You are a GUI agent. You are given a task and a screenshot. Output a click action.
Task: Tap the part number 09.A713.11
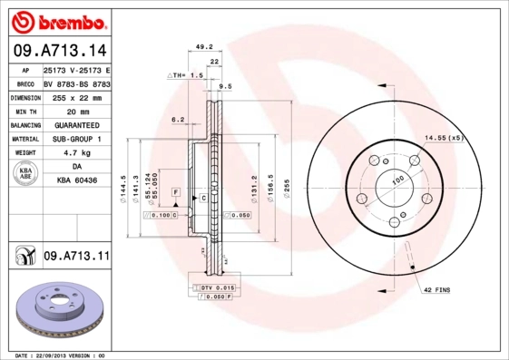tap(76, 257)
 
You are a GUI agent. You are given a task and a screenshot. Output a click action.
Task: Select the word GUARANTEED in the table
tap(76, 124)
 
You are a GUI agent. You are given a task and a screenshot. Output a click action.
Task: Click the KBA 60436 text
tap(76, 181)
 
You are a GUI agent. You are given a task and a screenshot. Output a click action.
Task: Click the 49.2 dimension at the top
tap(204, 46)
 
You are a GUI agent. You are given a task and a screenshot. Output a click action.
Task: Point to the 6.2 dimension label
tap(178, 119)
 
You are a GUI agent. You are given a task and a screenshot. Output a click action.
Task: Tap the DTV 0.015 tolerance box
tap(211, 287)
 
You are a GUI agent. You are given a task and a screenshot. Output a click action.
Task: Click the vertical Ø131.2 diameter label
tap(252, 187)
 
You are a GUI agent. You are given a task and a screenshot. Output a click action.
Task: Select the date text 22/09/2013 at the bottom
tap(62, 355)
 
